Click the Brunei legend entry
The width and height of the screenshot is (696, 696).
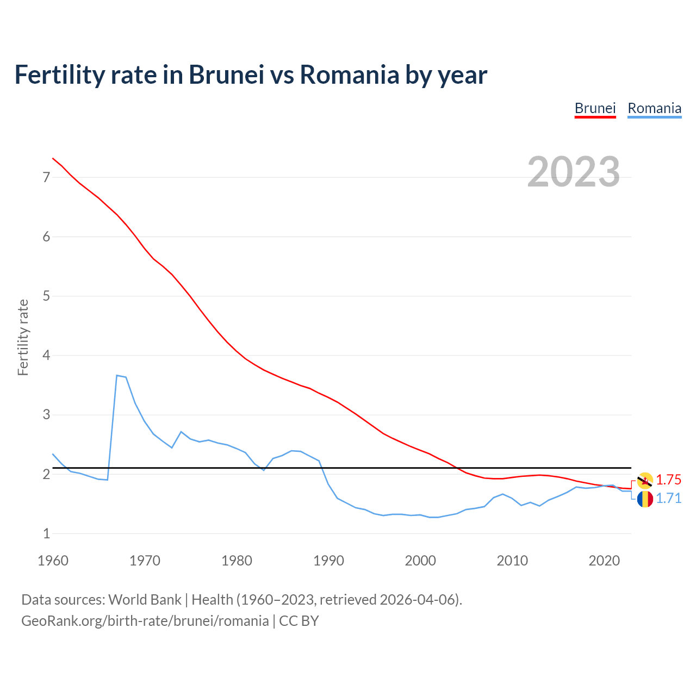pos(595,108)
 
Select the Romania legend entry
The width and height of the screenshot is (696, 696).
pos(654,108)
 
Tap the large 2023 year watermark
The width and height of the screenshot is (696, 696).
pos(573,172)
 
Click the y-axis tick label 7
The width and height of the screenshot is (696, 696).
pos(46,177)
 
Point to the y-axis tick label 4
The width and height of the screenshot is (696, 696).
pos(46,356)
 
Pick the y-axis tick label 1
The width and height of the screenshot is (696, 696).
pos(46,534)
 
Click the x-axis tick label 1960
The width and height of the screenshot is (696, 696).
pos(53,561)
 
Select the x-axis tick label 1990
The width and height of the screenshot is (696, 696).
pos(328,561)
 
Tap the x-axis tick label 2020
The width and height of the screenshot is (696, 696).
pos(604,561)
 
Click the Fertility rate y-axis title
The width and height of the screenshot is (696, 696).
pos(23,337)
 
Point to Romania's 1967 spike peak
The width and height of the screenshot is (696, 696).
pos(117,375)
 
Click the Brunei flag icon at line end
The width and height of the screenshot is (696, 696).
pos(645,480)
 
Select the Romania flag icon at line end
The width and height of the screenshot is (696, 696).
pos(645,499)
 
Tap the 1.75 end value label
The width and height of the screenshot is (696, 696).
pos(668,480)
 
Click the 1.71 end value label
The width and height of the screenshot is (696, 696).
pos(668,499)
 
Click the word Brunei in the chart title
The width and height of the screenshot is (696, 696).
pos(226,74)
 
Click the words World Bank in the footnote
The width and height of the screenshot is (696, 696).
pos(145,600)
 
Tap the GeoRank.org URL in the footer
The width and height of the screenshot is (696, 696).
pos(145,621)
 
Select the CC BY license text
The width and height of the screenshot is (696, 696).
pos(299,621)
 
